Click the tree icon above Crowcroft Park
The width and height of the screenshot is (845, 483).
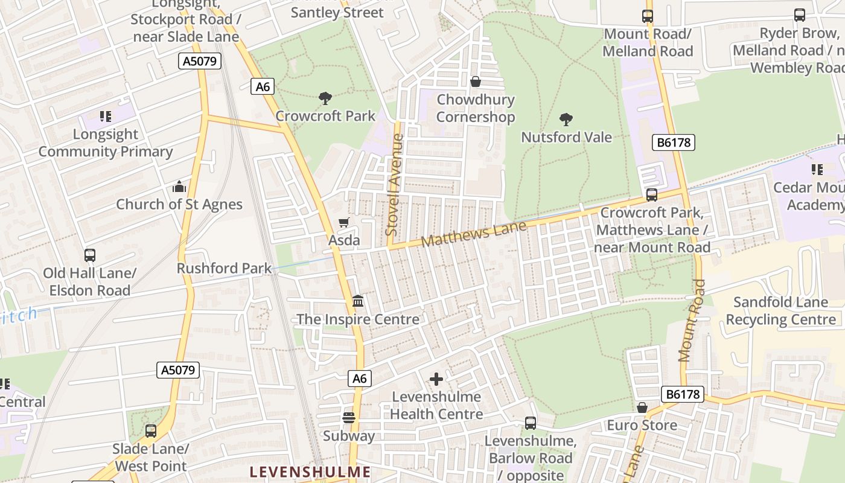(x=325, y=98)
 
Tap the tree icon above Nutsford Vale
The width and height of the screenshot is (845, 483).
(x=566, y=119)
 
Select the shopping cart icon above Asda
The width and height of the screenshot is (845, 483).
(x=343, y=222)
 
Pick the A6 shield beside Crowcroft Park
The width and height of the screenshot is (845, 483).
(x=263, y=86)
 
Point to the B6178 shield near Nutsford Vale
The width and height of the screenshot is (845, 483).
(x=674, y=142)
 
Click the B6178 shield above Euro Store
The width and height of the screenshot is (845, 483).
(x=683, y=394)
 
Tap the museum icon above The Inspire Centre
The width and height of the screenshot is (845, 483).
(x=358, y=301)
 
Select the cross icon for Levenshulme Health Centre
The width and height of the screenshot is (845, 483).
(x=436, y=379)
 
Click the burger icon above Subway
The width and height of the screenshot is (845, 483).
(x=349, y=417)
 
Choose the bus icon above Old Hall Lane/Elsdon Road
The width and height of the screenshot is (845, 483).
(x=90, y=255)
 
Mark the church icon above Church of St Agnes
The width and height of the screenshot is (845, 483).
(x=179, y=187)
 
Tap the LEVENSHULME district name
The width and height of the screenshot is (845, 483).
(x=310, y=472)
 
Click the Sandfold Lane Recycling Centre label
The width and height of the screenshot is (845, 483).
(x=780, y=310)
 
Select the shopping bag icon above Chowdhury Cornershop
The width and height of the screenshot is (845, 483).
(x=476, y=82)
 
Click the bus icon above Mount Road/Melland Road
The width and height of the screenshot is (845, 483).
(x=648, y=16)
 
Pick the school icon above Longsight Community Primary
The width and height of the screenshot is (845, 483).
(x=106, y=116)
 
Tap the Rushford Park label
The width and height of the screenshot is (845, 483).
(x=224, y=268)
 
